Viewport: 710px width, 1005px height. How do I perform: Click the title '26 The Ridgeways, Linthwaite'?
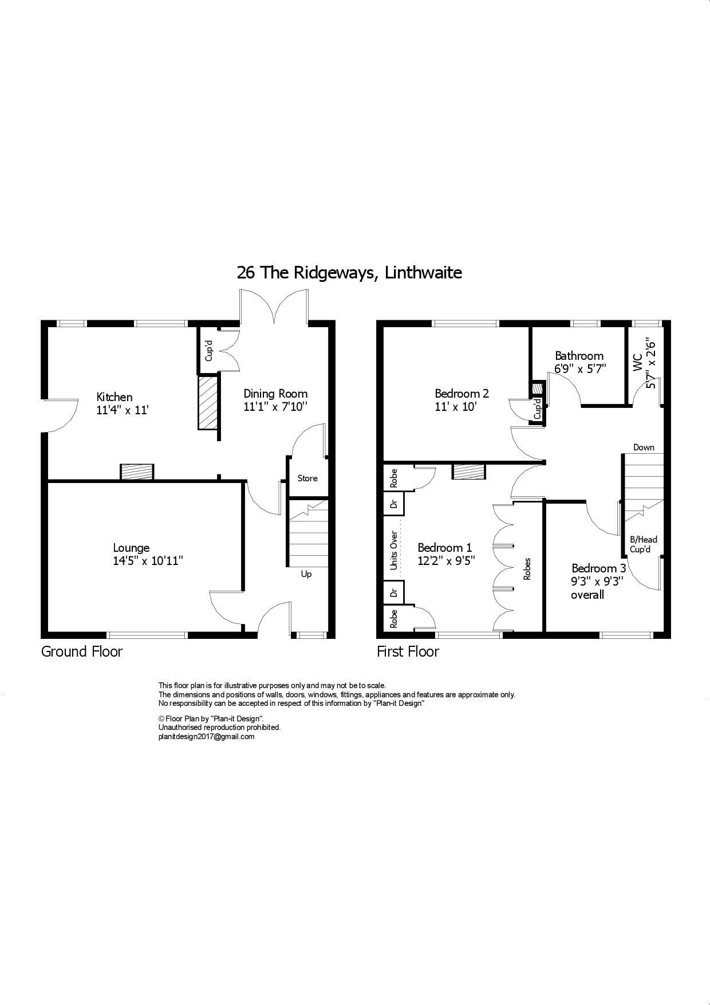pyautogui.click(x=349, y=273)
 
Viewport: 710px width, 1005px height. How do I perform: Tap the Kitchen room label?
pyautogui.click(x=115, y=397)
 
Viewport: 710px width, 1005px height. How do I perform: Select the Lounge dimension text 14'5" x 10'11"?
pyautogui.click(x=148, y=561)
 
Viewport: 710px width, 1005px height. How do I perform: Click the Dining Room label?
pyautogui.click(x=275, y=394)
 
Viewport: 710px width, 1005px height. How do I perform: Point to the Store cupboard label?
pyautogui.click(x=307, y=478)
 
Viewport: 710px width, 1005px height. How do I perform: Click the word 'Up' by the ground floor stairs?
pyautogui.click(x=306, y=574)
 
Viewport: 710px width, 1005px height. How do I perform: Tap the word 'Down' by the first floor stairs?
pyautogui.click(x=644, y=447)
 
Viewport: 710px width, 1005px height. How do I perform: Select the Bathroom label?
pyautogui.click(x=579, y=356)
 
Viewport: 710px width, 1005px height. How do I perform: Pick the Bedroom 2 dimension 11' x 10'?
pyautogui.click(x=456, y=407)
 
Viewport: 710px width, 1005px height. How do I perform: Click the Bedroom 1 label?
pyautogui.click(x=445, y=547)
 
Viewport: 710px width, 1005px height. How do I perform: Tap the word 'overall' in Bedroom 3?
pyautogui.click(x=587, y=595)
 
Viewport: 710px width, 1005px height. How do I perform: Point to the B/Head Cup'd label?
pyautogui.click(x=643, y=544)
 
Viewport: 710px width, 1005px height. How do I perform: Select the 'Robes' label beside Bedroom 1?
pyautogui.click(x=527, y=568)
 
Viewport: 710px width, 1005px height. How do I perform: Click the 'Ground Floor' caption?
pyautogui.click(x=82, y=651)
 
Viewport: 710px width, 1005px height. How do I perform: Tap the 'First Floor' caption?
pyautogui.click(x=408, y=651)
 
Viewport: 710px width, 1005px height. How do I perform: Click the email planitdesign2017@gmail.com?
pyautogui.click(x=206, y=737)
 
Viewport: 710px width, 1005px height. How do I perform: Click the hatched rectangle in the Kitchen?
pyautogui.click(x=208, y=403)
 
